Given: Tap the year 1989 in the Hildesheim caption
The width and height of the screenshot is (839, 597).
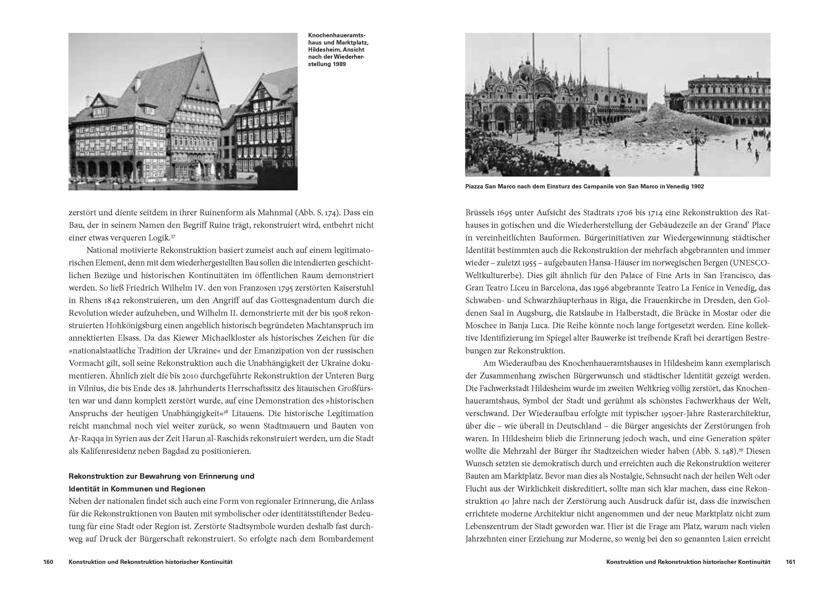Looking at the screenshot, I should click(x=339, y=64).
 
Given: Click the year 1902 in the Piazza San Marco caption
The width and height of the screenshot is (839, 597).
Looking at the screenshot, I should click(x=697, y=186).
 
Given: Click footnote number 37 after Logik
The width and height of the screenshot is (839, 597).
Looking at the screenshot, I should click(x=172, y=235).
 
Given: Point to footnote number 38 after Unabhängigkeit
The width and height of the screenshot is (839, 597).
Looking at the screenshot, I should click(x=226, y=411).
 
